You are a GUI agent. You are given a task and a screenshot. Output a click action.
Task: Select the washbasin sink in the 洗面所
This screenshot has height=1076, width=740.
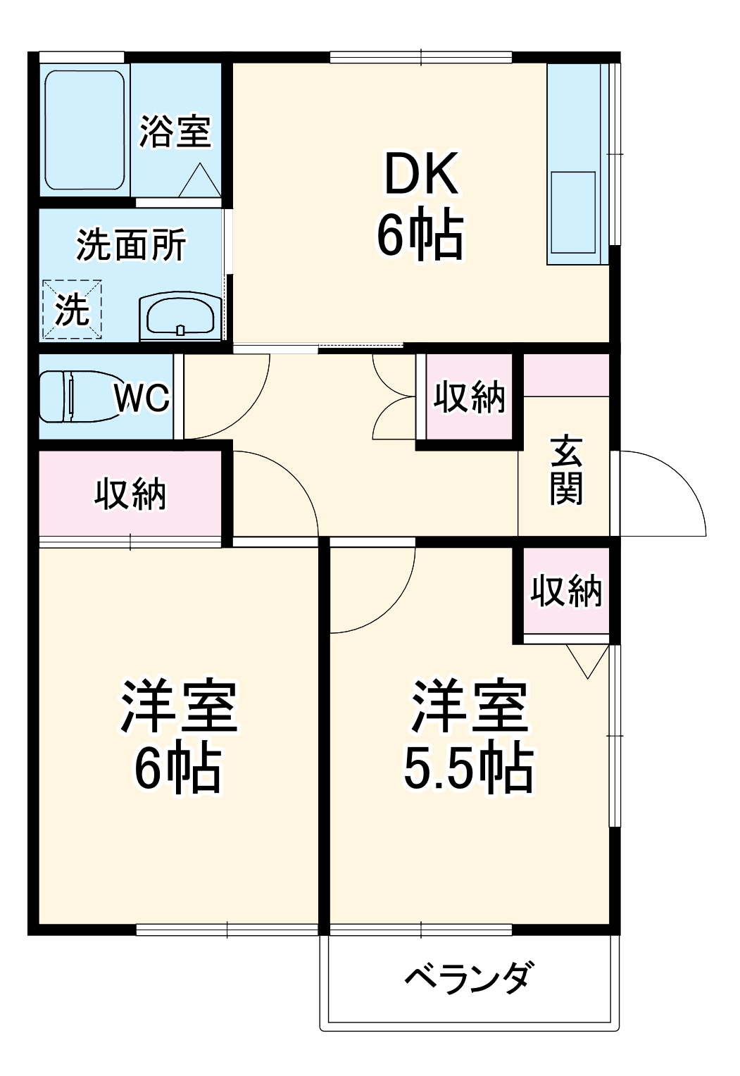180,317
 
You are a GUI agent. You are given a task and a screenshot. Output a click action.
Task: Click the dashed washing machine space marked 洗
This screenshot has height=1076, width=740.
73,308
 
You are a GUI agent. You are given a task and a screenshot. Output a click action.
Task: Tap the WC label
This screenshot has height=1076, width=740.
142,399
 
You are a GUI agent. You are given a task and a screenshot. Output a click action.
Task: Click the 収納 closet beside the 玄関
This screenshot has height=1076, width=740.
468,398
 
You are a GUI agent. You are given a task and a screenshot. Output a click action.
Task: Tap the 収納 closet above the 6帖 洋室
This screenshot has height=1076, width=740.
130,494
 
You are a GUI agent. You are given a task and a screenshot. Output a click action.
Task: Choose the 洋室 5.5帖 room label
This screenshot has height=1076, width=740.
468,736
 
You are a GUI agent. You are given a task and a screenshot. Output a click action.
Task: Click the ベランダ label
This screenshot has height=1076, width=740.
468,977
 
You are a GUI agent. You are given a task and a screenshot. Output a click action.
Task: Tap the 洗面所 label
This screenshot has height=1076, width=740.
131,245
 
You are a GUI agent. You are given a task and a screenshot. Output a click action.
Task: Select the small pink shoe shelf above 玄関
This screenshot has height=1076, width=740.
566,375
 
